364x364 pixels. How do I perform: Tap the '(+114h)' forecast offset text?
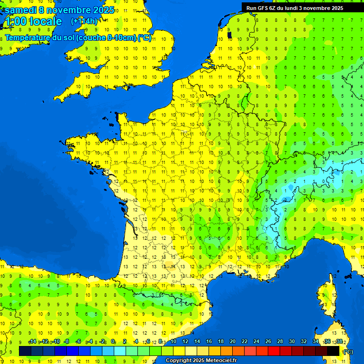[x=84, y=21]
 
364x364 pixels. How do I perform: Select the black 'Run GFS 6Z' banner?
[x=301, y=8]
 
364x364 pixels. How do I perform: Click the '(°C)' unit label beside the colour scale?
[x=347, y=352]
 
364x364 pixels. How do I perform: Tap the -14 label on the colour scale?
[x=32, y=342]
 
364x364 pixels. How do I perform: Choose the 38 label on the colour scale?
[x=339, y=342]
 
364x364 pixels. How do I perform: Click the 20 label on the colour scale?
[x=232, y=342]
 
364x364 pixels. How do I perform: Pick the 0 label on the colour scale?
[x=113, y=342]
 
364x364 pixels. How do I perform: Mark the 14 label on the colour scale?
[x=197, y=342]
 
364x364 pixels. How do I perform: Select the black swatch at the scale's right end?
[x=333, y=351]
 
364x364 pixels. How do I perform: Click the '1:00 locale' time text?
[x=33, y=21]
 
